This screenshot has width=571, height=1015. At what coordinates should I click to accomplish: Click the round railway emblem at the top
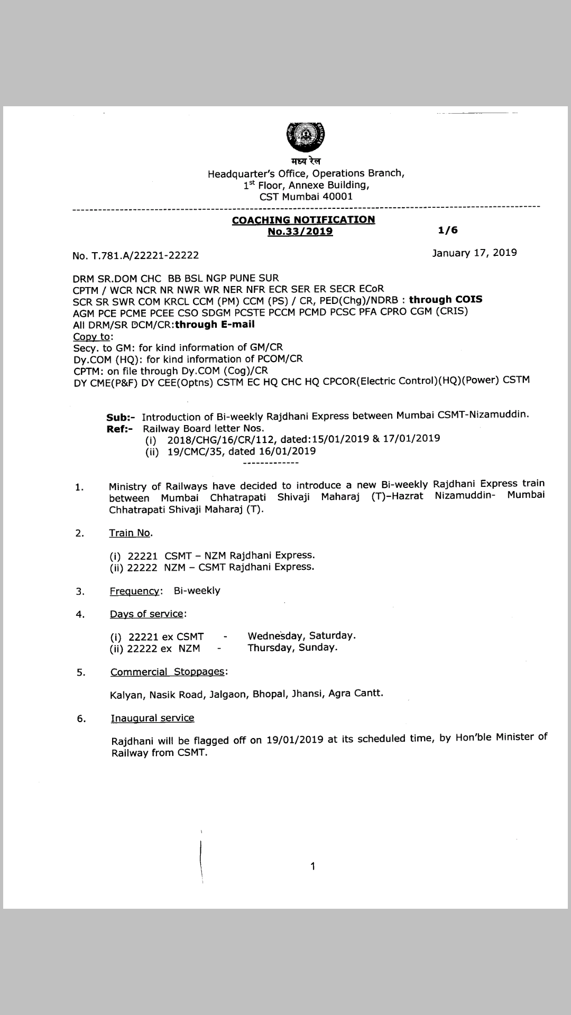point(305,135)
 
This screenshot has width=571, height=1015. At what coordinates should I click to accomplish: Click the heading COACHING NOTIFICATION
point(303,219)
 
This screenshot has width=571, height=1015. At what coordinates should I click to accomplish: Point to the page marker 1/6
point(447,230)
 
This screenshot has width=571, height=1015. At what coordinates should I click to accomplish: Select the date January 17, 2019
point(474,253)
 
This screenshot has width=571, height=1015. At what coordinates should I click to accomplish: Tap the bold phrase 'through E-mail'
point(215,324)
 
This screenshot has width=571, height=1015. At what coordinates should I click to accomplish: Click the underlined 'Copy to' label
point(93,336)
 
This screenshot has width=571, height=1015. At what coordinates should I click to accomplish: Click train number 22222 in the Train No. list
point(142,567)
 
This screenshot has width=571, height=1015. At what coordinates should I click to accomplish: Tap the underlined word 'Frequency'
point(134,590)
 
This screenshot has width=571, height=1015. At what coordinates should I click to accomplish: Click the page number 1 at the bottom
point(313,866)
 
